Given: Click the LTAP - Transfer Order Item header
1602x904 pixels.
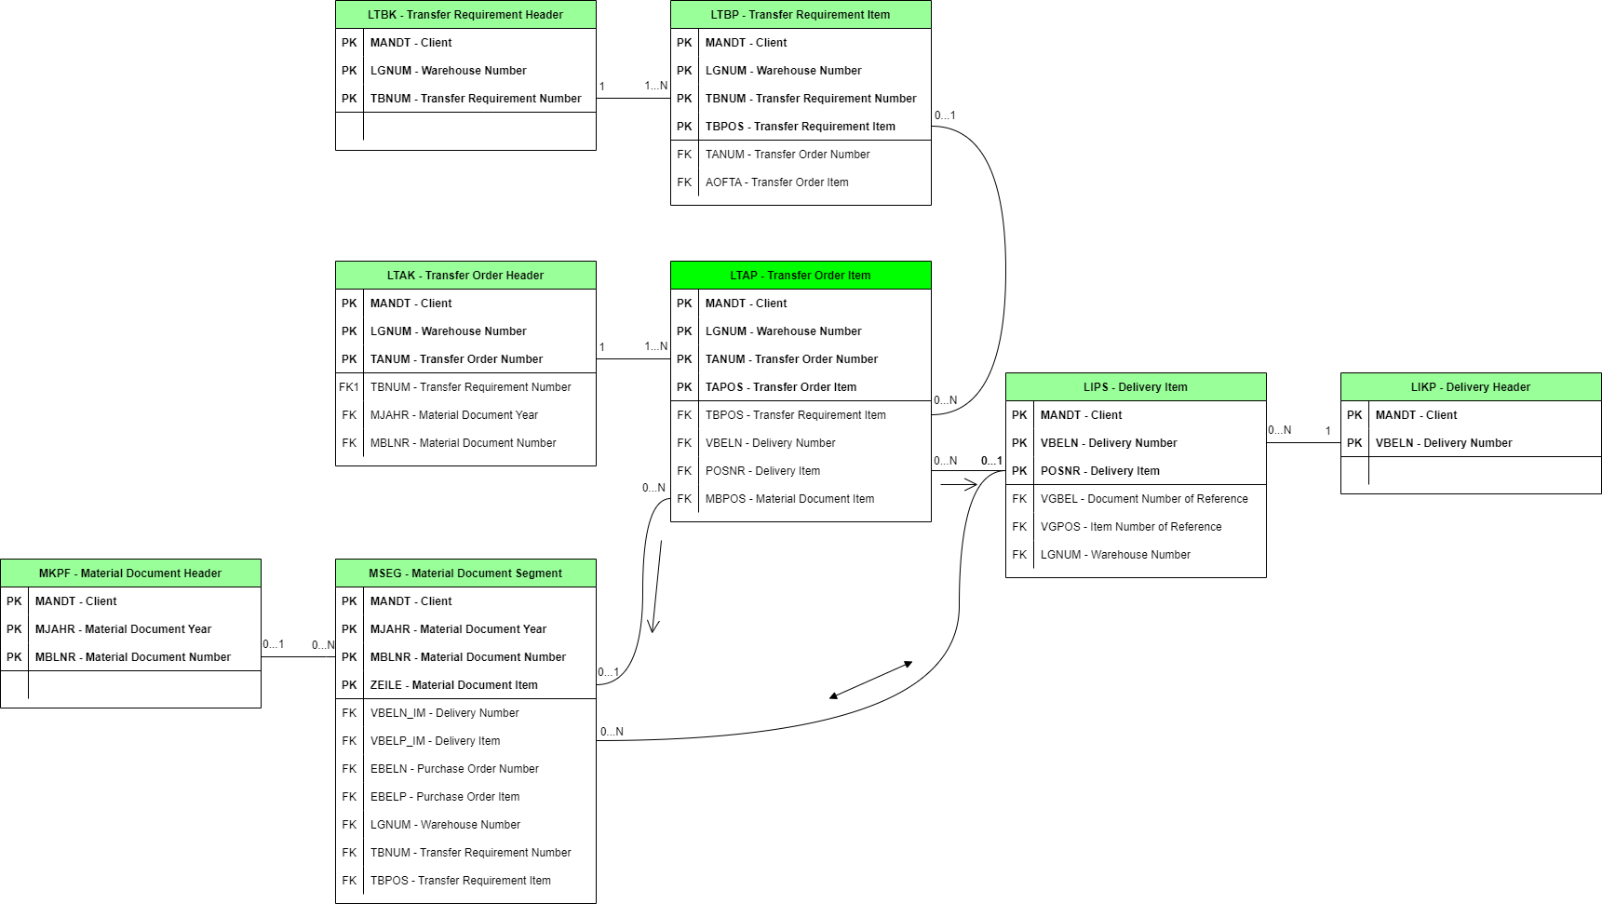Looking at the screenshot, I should click(x=801, y=276).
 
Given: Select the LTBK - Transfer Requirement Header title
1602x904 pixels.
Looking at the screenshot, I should click(x=465, y=15).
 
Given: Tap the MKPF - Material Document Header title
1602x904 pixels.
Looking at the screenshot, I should click(x=130, y=573).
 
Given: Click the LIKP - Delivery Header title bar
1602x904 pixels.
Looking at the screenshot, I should click(x=1471, y=387).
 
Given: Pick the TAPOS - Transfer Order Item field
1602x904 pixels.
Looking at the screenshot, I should click(x=780, y=387).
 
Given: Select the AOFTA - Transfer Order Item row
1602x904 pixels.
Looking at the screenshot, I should click(x=776, y=182).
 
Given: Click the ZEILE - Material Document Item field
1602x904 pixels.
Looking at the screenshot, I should click(x=453, y=685).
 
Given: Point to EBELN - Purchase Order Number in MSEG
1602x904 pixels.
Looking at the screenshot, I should click(x=454, y=769).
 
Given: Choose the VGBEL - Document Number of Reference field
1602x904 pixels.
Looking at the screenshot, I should click(x=1144, y=499).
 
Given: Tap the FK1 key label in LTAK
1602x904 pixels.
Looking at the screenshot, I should click(x=349, y=387).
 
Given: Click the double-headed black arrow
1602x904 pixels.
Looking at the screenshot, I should click(x=870, y=680).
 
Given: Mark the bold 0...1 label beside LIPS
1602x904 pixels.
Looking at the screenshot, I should click(x=991, y=461).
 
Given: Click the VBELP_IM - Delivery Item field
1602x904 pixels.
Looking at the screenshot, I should click(x=435, y=741).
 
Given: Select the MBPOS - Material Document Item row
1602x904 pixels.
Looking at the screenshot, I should click(x=789, y=499).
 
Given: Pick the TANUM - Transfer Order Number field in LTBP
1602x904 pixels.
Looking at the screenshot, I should click(x=788, y=155).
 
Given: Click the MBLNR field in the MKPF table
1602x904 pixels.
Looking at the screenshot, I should click(x=132, y=657).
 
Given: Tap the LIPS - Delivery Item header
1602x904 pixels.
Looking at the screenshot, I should click(x=1136, y=387).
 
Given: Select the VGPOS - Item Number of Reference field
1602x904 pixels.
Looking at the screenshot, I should click(x=1131, y=527).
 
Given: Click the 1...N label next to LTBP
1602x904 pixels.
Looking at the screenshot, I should click(x=655, y=86).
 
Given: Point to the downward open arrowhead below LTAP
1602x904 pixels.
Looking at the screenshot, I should click(x=653, y=627).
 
